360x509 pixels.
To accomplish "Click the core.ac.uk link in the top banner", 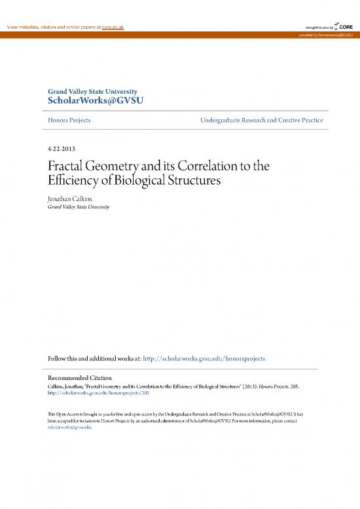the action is pyautogui.click(x=109, y=26).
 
